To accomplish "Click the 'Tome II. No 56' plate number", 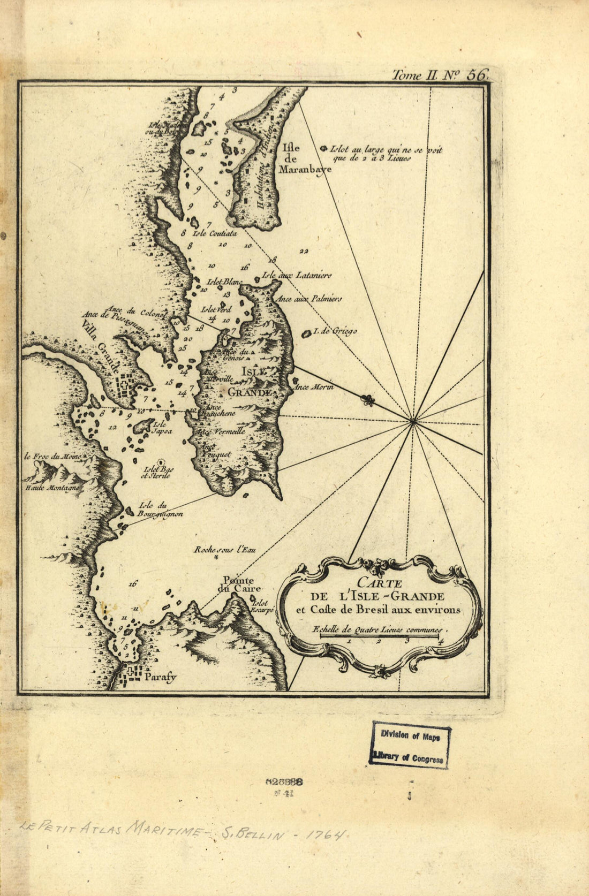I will point(440,75).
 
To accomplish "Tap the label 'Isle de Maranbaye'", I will point(304,159).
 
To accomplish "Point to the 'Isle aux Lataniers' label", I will point(296,276).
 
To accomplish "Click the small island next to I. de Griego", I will point(307,335).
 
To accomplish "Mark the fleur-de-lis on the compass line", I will point(367,400).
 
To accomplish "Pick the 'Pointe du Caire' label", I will point(238,584).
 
